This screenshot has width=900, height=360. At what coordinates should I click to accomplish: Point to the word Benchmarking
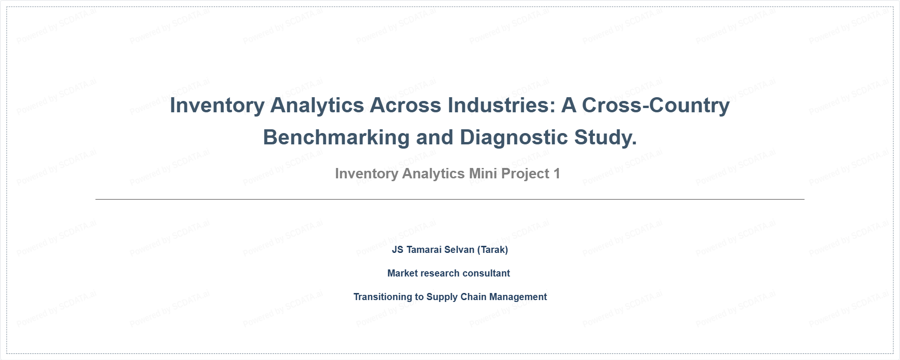coord(336,138)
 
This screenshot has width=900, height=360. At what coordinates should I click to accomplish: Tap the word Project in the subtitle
coord(525,174)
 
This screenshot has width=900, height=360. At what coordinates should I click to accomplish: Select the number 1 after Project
coord(557,174)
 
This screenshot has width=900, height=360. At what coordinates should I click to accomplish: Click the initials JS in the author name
coord(398,250)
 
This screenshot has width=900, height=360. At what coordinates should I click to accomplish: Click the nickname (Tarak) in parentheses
coord(492,250)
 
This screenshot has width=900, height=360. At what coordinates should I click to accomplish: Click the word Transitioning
coord(383,297)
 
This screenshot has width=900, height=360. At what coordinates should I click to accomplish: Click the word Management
coord(518,297)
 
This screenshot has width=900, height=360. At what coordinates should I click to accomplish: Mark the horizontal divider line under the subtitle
coord(450,199)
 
